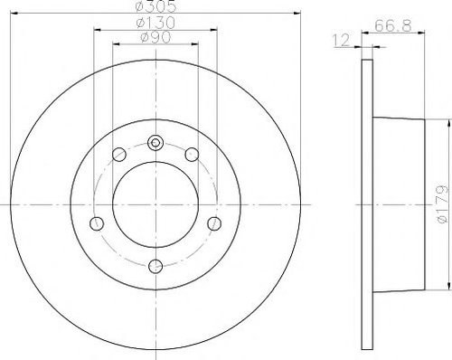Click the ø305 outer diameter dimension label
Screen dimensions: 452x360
(155, 6)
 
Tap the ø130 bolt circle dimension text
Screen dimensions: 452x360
(155, 23)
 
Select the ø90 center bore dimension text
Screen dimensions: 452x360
(155, 37)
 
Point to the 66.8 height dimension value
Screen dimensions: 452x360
(393, 25)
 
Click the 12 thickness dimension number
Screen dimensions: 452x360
(341, 40)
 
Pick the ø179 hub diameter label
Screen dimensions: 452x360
(442, 204)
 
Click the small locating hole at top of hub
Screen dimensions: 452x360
(155, 143)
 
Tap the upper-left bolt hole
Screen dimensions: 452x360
(119, 155)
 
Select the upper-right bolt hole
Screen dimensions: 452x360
(192, 155)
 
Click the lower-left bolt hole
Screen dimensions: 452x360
(97, 223)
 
